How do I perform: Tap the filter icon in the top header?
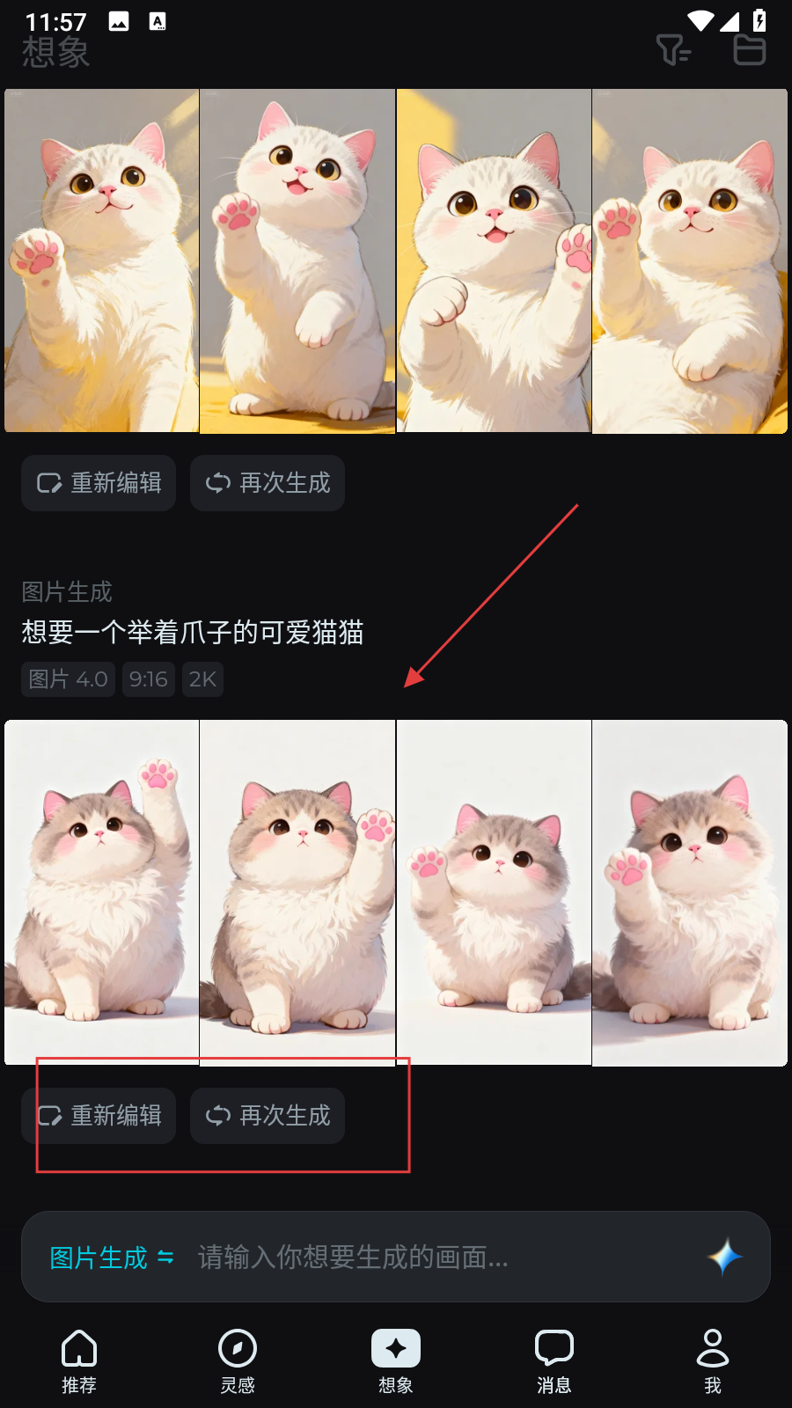(x=673, y=49)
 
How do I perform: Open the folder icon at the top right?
(x=750, y=49)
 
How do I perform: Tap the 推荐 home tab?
(x=79, y=1361)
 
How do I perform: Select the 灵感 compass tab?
(x=238, y=1361)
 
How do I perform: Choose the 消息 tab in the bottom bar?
(x=554, y=1361)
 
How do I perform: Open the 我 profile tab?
(x=712, y=1361)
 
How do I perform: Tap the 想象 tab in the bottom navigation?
(x=395, y=1361)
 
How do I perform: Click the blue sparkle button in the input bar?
(x=725, y=1258)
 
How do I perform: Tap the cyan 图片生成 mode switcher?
(x=111, y=1258)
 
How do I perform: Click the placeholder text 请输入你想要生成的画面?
(x=353, y=1258)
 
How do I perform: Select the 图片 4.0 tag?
(x=68, y=678)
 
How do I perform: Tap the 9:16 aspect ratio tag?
(x=149, y=678)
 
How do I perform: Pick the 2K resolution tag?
(x=202, y=678)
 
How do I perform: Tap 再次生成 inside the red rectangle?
(x=268, y=1116)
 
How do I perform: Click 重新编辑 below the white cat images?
(x=98, y=483)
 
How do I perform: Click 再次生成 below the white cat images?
(x=268, y=483)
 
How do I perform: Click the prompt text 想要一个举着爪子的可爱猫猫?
(x=193, y=632)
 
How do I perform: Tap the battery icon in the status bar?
(x=759, y=21)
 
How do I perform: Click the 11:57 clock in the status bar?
(x=55, y=23)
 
